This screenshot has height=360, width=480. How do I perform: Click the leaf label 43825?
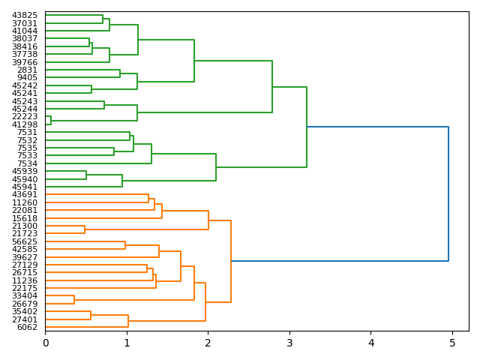pos(25,15)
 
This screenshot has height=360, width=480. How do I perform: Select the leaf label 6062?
pos(27,327)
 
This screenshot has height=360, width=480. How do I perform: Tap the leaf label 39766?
pos(25,62)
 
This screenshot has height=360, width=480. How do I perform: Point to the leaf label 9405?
pos(27,78)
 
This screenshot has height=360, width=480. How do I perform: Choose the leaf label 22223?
pos(25,117)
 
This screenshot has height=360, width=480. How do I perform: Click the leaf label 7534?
pos(27,163)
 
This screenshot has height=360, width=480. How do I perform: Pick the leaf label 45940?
pos(25,179)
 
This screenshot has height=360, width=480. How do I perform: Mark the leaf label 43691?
pos(25,195)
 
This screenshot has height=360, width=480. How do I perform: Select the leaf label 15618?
pos(25,218)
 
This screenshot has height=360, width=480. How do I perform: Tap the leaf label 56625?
pos(25,241)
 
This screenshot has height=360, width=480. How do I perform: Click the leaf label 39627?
pos(25,257)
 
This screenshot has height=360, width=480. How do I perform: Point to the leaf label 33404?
pos(25,296)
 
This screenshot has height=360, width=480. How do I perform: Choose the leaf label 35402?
pos(25,311)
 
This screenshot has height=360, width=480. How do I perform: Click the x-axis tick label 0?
pos(46,343)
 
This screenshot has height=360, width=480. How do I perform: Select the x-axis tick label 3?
pos(289,343)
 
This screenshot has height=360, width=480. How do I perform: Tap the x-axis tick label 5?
pos(452,343)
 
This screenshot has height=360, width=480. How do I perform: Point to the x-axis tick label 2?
pos(208,343)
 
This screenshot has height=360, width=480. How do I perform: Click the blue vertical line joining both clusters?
pos(448,193)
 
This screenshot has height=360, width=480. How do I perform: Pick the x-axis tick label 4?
pos(371,343)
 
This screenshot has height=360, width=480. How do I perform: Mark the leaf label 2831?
pos(27,70)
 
